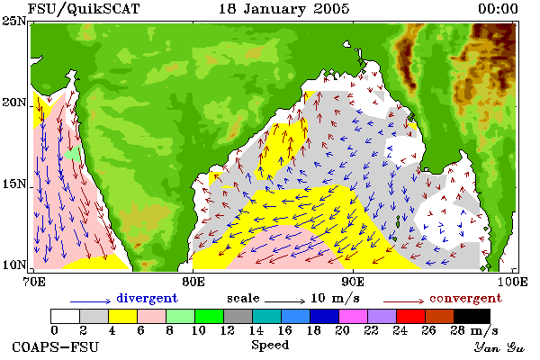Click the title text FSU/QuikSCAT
point(84,9)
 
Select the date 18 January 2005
point(284,9)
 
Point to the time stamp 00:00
point(498,9)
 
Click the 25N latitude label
point(13,22)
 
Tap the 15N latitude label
point(13,184)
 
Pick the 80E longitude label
point(193,282)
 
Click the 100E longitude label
point(513,282)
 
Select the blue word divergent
point(147,298)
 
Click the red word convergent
point(465,298)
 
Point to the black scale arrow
point(284,301)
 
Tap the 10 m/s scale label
point(335,298)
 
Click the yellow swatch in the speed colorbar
point(123,316)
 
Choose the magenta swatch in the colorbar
point(354,316)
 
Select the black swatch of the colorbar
point(472,316)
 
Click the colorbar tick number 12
point(228,330)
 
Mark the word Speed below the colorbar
point(270,346)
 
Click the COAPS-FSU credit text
point(55,346)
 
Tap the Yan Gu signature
point(499,347)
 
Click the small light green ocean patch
point(74,153)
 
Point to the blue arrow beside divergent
point(91,301)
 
